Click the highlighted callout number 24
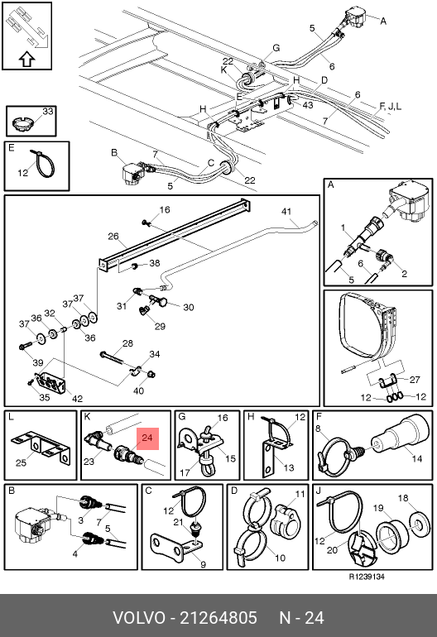point(147,438)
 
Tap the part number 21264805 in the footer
point(218,618)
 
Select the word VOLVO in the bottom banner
point(139,618)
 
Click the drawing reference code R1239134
point(367,577)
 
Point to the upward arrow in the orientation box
point(26,60)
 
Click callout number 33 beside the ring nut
point(48,111)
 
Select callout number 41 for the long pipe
point(286,211)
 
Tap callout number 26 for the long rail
point(113,236)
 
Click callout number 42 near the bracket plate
point(77,399)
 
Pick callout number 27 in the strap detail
point(415,380)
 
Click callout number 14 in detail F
point(417,458)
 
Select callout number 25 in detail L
point(22,462)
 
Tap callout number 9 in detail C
point(204,564)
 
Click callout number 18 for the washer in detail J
point(403,498)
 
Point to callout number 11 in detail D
point(300,494)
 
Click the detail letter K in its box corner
point(88,417)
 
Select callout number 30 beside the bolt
point(188,307)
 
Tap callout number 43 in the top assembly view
point(308,105)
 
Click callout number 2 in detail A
point(404,273)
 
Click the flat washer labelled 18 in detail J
point(418,523)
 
